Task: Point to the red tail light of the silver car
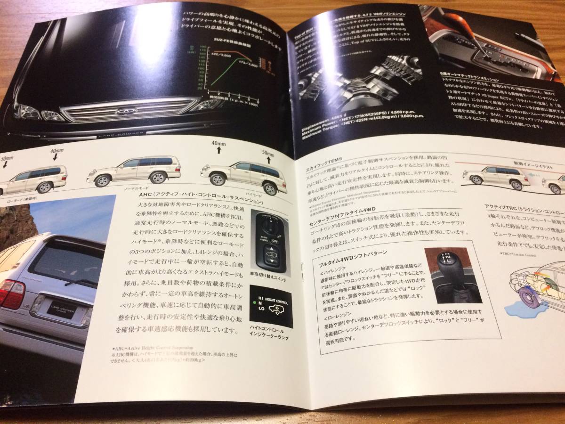(x=11, y=294)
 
